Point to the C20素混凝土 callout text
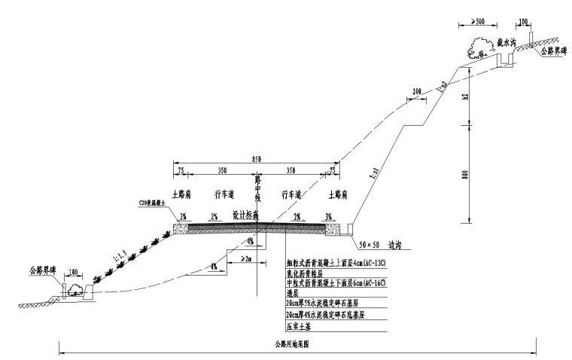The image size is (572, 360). pos(153,203)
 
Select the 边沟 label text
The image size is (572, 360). pos(397,245)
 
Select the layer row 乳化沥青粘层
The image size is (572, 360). pos(308,274)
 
